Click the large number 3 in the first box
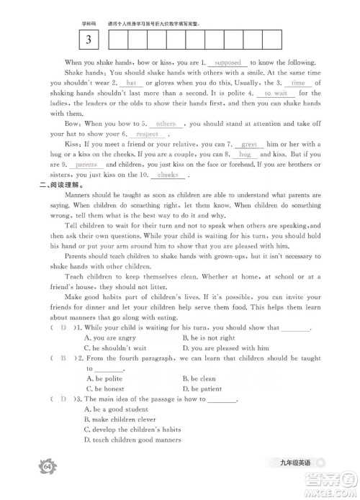[x=88, y=39]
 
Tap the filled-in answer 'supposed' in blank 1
[x=228, y=63]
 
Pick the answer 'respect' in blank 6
[x=147, y=134]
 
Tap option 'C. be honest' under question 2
[x=105, y=388]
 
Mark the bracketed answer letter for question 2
[x=64, y=358]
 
